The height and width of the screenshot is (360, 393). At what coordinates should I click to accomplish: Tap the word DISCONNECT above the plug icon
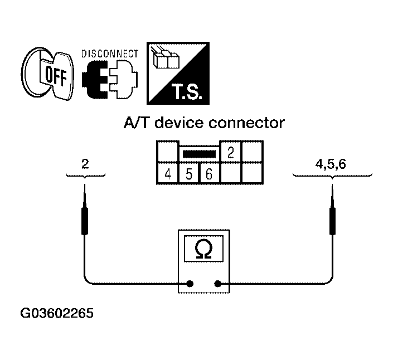click(110, 54)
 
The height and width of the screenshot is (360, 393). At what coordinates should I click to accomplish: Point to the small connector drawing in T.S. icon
click(165, 58)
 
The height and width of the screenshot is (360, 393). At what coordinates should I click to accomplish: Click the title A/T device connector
click(203, 123)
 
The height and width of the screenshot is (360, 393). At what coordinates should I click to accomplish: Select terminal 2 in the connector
click(231, 152)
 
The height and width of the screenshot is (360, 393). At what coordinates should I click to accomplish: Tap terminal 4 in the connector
click(168, 174)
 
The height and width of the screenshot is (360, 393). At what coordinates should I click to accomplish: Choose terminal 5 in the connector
click(188, 174)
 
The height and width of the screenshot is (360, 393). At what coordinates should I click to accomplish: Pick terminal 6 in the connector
click(208, 174)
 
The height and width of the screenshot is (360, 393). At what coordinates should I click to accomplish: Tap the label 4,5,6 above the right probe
click(332, 164)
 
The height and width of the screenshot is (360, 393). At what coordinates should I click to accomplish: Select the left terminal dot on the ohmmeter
click(190, 284)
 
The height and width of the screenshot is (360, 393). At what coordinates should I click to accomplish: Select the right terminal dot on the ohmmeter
click(217, 284)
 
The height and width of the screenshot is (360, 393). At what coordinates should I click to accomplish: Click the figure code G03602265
click(56, 313)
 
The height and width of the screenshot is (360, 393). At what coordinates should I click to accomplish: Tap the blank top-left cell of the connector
click(167, 152)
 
